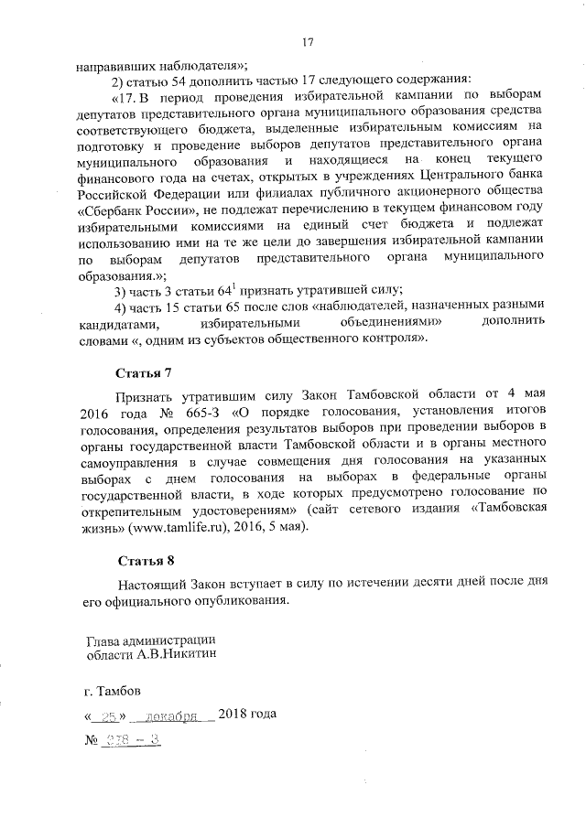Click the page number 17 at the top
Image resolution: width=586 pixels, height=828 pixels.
point(309,41)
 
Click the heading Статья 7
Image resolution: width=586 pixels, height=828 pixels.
point(144,374)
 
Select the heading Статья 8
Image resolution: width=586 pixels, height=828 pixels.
point(144,559)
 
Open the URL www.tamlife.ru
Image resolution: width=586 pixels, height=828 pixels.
point(185,526)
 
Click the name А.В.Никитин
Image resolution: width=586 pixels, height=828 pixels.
point(175,654)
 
